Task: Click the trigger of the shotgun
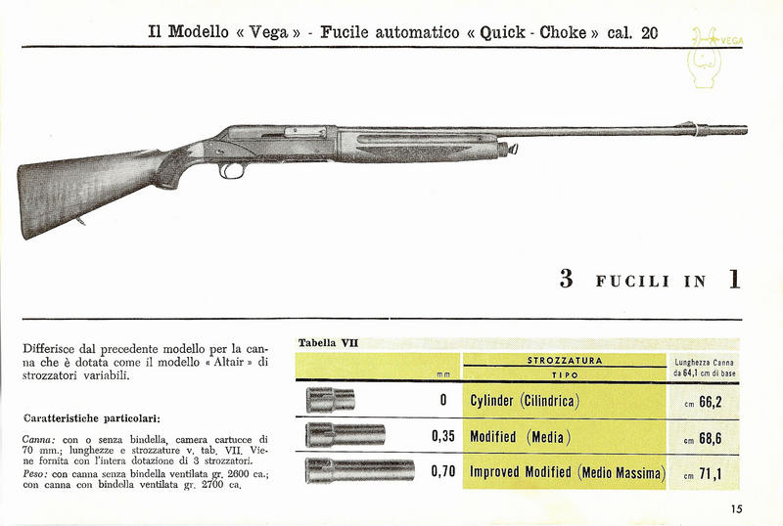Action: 232,170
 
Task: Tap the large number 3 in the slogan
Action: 565,280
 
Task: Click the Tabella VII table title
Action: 328,343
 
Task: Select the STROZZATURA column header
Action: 565,360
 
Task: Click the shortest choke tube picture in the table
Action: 330,399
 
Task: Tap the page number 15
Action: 736,507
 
